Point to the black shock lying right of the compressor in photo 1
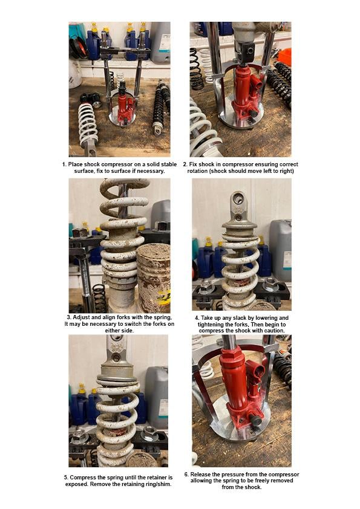[x=160, y=109]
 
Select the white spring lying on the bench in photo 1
[x=88, y=124]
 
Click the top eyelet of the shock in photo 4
[x=237, y=199]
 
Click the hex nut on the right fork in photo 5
[x=149, y=433]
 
